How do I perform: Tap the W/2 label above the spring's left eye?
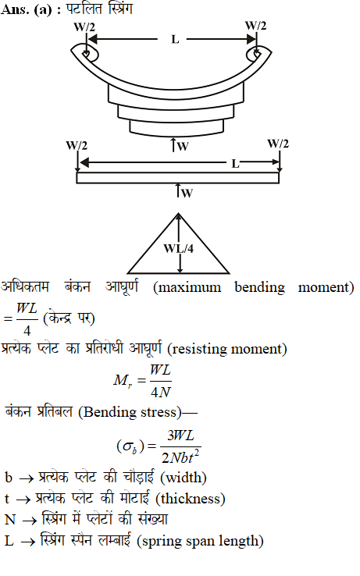84,27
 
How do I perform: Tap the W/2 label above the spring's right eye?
255,26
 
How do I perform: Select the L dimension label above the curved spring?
175,39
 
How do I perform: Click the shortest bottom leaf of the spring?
176,127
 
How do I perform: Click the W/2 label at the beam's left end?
77,145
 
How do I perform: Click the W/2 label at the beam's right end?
278,144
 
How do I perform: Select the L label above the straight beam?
235,164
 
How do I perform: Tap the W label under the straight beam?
187,193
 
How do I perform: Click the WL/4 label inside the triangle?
179,249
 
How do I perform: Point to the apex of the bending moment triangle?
178,213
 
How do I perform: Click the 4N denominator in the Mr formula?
161,393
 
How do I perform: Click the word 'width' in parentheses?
184,478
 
